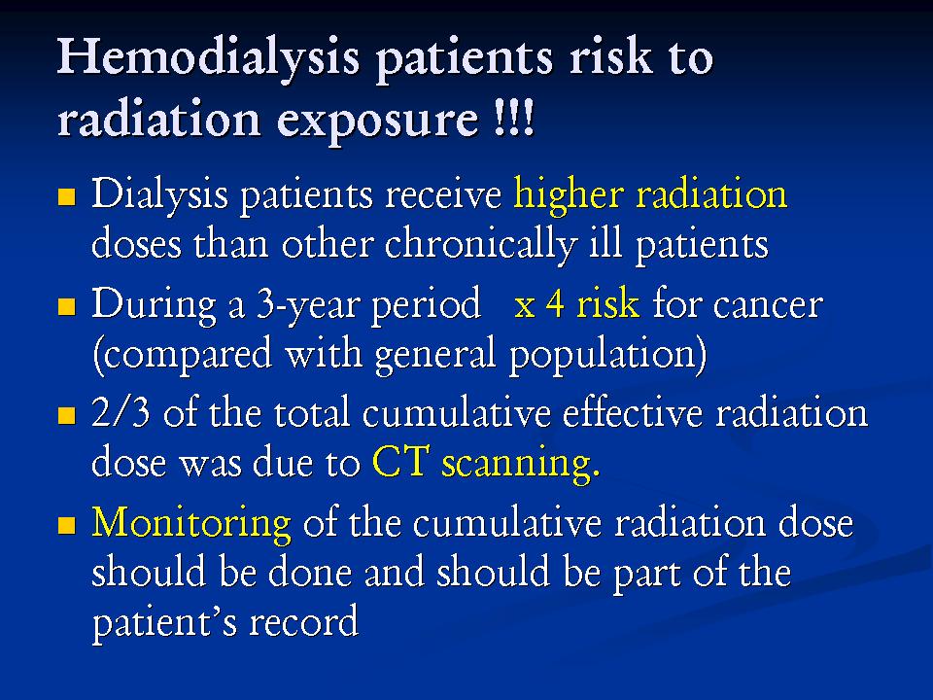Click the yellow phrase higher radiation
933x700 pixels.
[x=650, y=194]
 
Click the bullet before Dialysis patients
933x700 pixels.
[x=67, y=197]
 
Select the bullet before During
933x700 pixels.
[x=67, y=306]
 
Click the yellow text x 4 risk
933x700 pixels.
[x=576, y=303]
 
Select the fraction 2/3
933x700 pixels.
[x=121, y=412]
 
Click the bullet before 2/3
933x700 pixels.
[x=67, y=415]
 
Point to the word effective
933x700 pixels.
[x=633, y=412]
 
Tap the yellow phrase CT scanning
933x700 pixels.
[x=485, y=464]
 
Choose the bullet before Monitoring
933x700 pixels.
[x=67, y=525]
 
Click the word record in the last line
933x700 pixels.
[x=303, y=622]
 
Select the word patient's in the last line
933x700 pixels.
[x=165, y=623]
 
